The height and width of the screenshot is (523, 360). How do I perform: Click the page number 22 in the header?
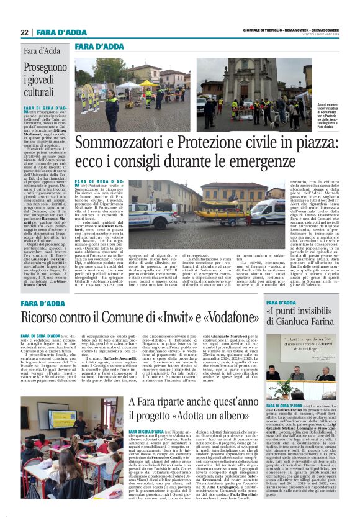[x=24, y=32]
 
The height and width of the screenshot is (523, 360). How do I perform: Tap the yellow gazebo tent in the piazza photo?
[x=148, y=83]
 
